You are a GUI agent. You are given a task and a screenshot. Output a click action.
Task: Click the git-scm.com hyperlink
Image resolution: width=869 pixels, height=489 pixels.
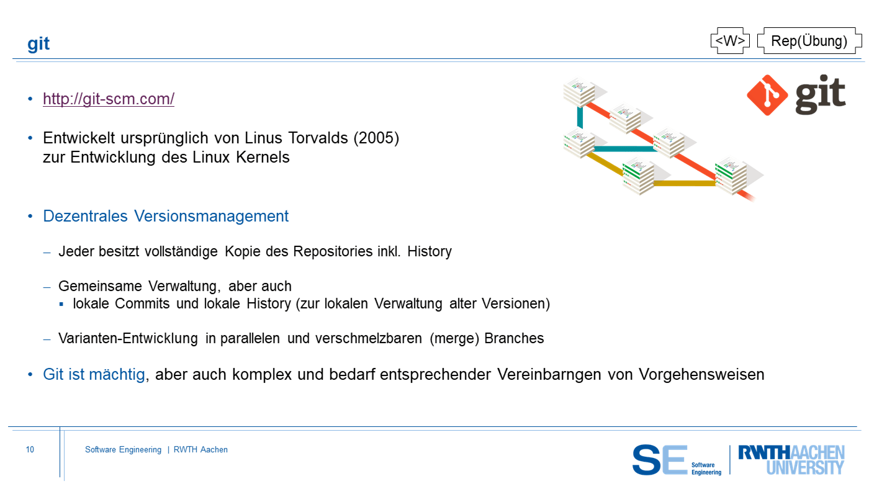108,99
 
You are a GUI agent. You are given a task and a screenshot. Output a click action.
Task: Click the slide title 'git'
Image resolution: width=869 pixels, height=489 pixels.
38,44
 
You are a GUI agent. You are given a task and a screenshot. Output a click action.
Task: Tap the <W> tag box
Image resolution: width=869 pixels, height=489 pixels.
730,41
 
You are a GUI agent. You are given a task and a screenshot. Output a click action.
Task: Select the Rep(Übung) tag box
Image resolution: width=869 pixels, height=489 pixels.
809,41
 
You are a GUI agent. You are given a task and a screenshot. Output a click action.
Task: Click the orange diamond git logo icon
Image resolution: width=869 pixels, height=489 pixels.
767,95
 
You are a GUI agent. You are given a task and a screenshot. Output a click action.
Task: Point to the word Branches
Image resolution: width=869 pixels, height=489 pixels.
514,338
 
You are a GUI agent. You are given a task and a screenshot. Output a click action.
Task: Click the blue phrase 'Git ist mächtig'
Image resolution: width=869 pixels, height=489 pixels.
94,374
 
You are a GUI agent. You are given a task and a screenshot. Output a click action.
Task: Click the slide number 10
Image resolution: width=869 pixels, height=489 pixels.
30,449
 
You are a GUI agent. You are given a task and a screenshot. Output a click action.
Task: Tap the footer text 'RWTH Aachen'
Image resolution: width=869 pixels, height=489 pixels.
200,449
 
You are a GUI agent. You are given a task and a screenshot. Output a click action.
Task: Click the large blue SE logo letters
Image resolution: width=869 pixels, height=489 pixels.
660,460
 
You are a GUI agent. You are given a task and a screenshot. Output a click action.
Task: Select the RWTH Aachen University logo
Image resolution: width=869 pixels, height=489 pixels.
791,460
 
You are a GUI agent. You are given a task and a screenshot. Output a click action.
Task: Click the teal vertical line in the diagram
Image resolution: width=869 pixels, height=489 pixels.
580,118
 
